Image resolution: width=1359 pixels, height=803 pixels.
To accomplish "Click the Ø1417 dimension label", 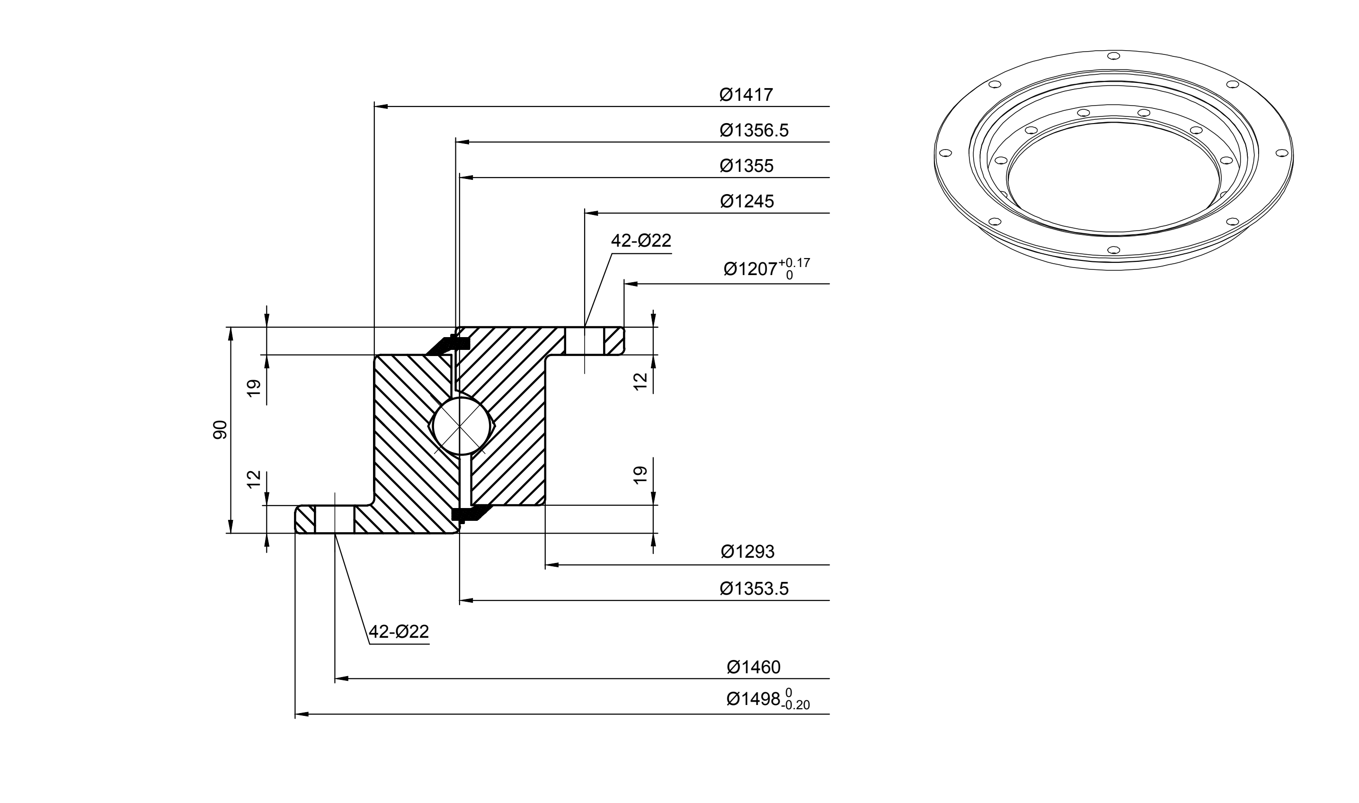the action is tap(746, 95).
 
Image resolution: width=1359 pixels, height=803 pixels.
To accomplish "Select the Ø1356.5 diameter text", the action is tap(754, 130).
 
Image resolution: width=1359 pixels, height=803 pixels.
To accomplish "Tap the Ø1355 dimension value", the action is tap(746, 166).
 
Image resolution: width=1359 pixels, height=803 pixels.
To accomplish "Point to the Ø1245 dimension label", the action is tap(746, 201).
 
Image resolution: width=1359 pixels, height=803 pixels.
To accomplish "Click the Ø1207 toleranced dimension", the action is tap(767, 268).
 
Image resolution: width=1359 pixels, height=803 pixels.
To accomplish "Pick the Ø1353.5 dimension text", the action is tap(754, 588).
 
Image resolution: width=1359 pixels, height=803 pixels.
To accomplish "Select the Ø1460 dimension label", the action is tap(753, 667).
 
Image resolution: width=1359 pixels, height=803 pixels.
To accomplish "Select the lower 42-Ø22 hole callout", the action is tap(399, 632).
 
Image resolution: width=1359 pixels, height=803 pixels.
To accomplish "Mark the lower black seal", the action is tap(470, 513).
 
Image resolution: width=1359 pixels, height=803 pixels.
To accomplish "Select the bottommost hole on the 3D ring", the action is tap(1113, 250).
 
